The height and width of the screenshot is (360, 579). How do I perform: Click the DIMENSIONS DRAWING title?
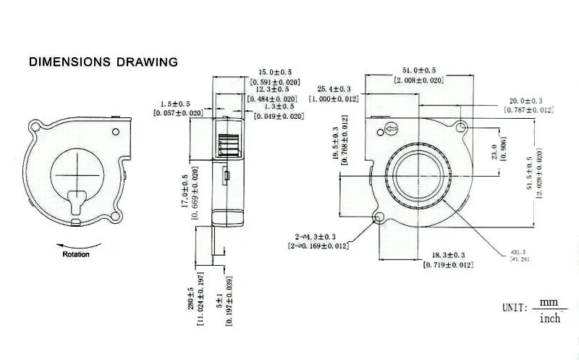(103, 62)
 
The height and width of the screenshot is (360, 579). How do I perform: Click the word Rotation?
(76, 254)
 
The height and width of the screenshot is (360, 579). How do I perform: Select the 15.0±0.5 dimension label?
(275, 72)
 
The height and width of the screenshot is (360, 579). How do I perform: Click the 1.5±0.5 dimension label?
(176, 104)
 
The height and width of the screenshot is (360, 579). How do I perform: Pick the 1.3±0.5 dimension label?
(279, 106)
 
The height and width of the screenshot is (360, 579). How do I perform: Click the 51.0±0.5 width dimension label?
(418, 70)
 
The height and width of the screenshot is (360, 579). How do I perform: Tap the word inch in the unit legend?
(550, 319)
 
